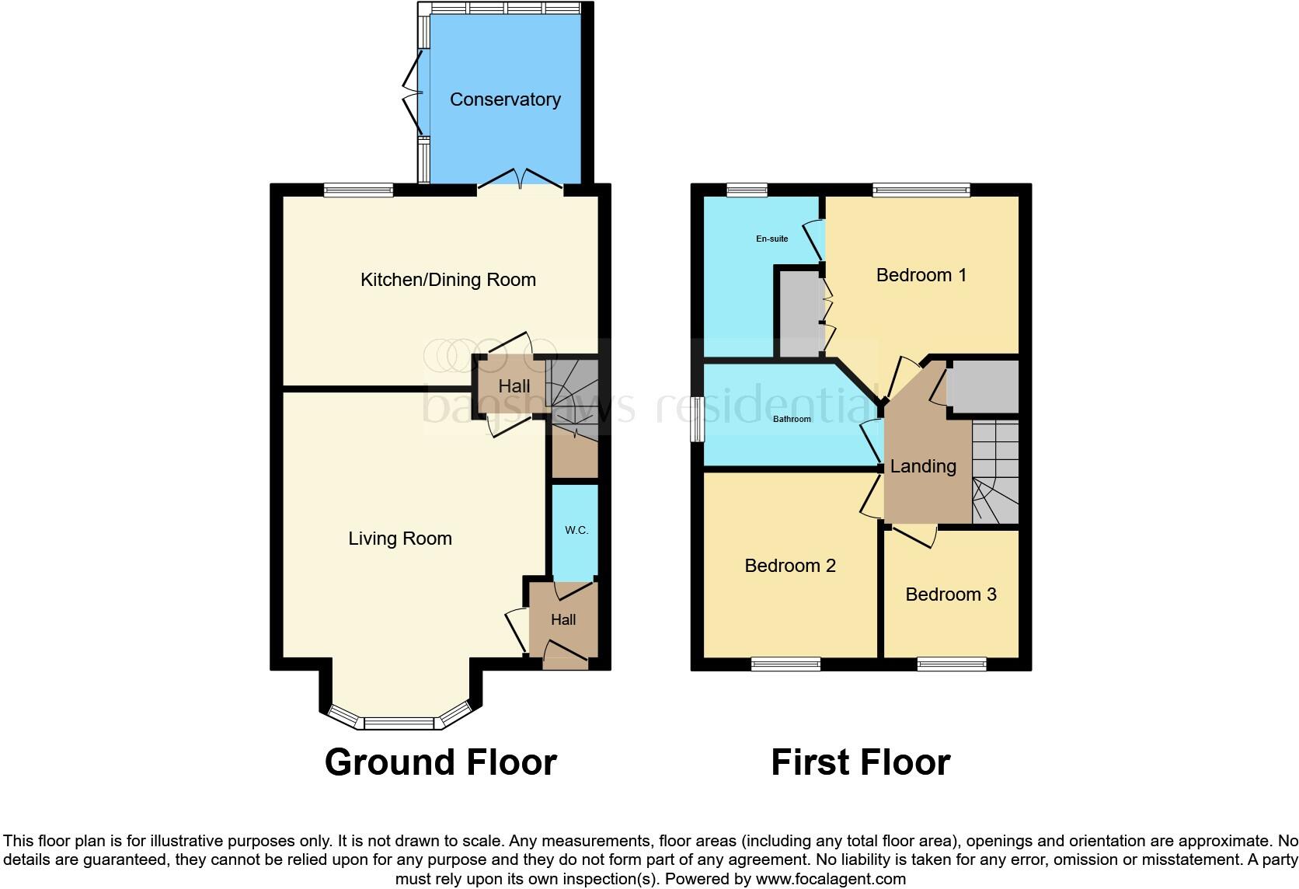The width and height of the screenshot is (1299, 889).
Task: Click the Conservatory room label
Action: (x=505, y=99)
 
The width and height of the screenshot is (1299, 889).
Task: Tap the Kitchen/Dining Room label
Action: (x=448, y=280)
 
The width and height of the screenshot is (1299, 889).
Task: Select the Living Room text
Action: (x=400, y=539)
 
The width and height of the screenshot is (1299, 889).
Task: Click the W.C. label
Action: (x=576, y=530)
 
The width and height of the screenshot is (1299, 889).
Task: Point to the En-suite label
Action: (x=771, y=239)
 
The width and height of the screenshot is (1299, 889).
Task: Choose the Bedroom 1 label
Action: (x=921, y=275)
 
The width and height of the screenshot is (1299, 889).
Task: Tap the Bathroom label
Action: (x=792, y=419)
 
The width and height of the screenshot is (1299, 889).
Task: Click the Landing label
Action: (x=923, y=466)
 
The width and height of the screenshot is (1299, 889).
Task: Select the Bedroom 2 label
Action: (x=790, y=566)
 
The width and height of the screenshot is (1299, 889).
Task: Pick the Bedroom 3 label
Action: (x=951, y=594)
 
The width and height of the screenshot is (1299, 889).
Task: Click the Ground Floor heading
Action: (x=441, y=762)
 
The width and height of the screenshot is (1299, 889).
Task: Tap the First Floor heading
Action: (x=860, y=762)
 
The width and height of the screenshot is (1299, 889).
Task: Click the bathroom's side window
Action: (x=698, y=420)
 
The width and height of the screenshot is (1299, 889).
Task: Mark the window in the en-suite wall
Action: (x=747, y=190)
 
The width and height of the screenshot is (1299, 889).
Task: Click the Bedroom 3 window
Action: (x=951, y=664)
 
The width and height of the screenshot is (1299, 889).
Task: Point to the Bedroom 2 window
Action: (x=785, y=664)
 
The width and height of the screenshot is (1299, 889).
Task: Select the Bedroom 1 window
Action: (x=921, y=190)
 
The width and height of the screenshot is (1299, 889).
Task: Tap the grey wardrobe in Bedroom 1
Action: (x=799, y=312)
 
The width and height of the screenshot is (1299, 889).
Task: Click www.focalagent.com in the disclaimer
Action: (x=831, y=880)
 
